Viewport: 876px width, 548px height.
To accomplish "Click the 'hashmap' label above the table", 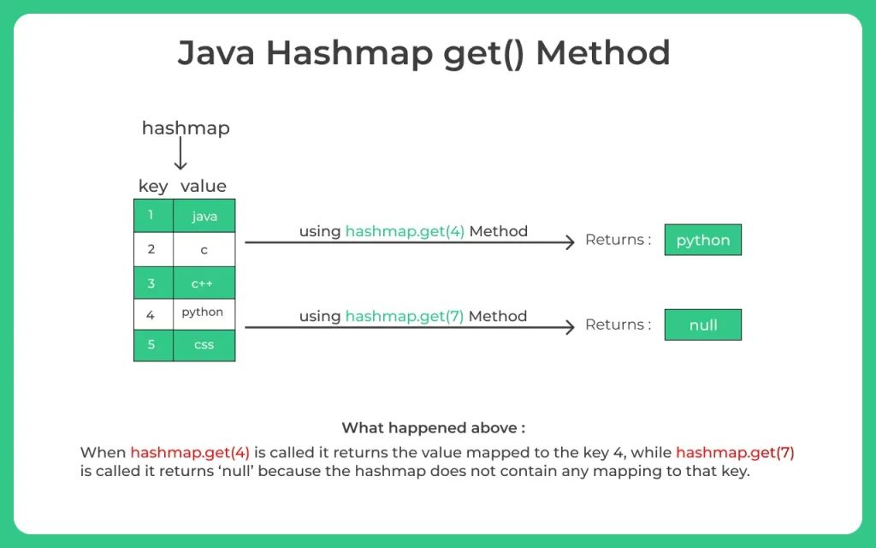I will (x=186, y=128).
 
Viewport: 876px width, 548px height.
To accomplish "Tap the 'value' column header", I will (x=204, y=186).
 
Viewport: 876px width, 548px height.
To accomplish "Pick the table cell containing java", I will (x=204, y=217).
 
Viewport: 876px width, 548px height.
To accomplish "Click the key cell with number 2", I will (x=152, y=249).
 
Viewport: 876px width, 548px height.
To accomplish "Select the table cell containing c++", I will (x=204, y=283).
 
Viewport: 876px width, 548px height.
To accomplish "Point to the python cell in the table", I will (x=204, y=313).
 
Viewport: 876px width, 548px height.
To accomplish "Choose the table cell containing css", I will (x=204, y=345).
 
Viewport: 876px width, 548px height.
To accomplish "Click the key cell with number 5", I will (x=152, y=345).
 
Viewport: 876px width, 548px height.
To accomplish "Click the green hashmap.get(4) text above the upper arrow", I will (x=405, y=231).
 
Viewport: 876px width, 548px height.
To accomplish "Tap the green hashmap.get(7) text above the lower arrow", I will (x=405, y=316).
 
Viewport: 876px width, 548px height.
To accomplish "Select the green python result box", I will (x=702, y=240).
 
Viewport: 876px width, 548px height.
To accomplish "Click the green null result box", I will (x=702, y=325).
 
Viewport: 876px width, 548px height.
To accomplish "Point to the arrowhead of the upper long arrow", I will (x=570, y=242).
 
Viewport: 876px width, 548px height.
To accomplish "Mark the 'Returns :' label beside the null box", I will (x=618, y=325).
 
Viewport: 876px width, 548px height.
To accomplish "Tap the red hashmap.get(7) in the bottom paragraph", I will (x=735, y=452).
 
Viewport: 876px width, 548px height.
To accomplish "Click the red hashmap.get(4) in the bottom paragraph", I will (x=190, y=452).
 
